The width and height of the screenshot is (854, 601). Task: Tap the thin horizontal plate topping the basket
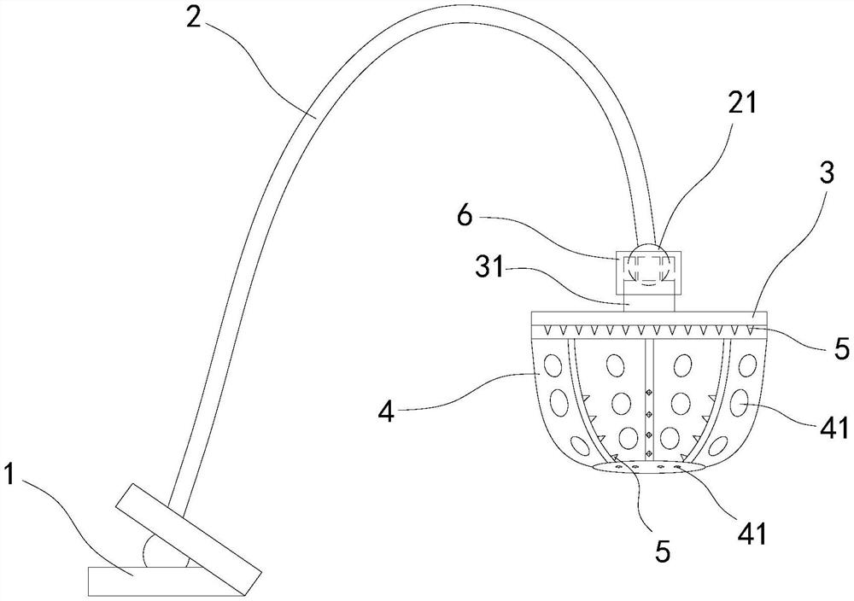pos(648,318)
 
